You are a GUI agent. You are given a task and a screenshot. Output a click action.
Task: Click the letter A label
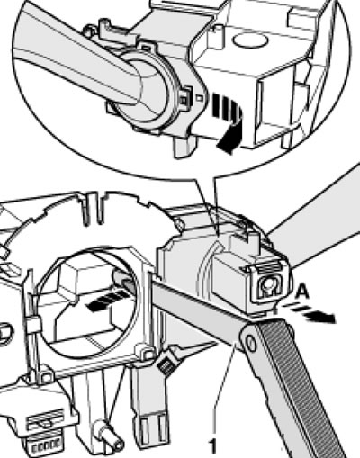(302, 292)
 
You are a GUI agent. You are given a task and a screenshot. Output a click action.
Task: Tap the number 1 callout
(212, 446)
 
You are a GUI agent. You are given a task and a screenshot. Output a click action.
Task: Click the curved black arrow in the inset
(229, 123)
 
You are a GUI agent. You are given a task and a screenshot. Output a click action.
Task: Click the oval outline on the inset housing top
(249, 40)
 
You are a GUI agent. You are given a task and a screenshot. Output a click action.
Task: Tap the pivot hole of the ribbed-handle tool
(251, 343)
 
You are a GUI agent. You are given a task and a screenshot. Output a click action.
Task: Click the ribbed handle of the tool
(295, 387)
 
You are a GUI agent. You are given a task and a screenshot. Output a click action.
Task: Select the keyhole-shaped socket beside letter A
(268, 286)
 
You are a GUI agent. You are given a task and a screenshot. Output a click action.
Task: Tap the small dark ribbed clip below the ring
(166, 364)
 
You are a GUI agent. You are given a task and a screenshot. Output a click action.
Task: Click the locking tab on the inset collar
(186, 96)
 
